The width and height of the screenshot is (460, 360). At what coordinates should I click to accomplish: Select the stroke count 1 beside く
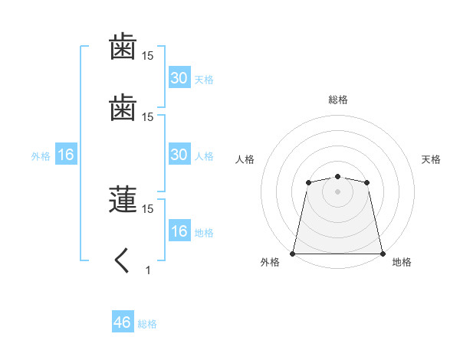pyautogui.click(x=148, y=270)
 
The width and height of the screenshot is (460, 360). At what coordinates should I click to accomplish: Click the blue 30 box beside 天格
pyautogui.click(x=179, y=78)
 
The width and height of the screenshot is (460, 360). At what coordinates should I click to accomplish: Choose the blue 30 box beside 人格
pyautogui.click(x=179, y=155)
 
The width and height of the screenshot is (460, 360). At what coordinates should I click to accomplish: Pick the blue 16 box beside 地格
pyautogui.click(x=179, y=231)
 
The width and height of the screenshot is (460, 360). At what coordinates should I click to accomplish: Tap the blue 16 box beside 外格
pyautogui.click(x=65, y=155)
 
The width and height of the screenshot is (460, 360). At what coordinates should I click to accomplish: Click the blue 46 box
pyautogui.click(x=122, y=322)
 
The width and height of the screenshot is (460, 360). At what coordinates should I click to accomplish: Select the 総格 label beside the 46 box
pyautogui.click(x=147, y=324)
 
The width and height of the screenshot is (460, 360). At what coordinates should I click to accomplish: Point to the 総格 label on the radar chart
pyautogui.click(x=337, y=100)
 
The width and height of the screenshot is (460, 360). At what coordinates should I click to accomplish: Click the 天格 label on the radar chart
pyautogui.click(x=431, y=159)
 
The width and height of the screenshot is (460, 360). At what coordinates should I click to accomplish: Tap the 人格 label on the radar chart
pyautogui.click(x=245, y=159)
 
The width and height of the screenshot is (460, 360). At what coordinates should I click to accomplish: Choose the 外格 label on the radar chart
pyautogui.click(x=270, y=262)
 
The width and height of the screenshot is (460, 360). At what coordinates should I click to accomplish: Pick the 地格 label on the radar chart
pyautogui.click(x=402, y=262)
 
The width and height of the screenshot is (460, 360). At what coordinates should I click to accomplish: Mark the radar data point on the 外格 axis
pyautogui.click(x=293, y=253)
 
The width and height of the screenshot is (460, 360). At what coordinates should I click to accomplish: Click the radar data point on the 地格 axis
pyautogui.click(x=382, y=253)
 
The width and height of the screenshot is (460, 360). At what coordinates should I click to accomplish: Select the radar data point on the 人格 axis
pyautogui.click(x=308, y=182)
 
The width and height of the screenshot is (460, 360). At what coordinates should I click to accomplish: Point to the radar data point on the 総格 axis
pyautogui.click(x=337, y=177)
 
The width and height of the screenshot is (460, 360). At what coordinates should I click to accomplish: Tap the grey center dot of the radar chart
pyautogui.click(x=337, y=191)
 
